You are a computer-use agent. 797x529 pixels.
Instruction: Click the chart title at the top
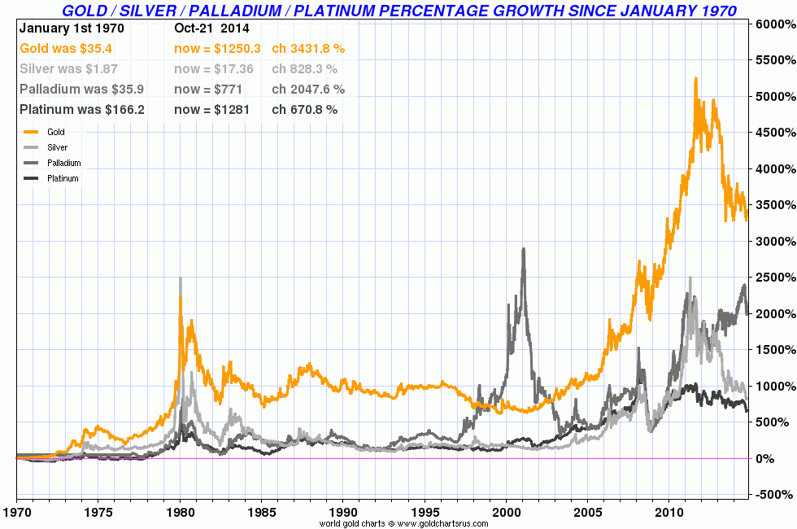399,11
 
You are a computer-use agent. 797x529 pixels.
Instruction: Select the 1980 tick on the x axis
179,514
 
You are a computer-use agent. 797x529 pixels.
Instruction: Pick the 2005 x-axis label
586,514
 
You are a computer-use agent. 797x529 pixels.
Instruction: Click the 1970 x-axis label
16,514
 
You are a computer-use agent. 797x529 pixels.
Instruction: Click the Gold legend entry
55,132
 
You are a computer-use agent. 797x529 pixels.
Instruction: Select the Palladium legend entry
63,163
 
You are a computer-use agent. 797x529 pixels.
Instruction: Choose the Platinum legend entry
63,178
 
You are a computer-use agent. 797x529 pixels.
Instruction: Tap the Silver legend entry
57,147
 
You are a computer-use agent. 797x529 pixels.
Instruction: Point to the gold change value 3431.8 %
308,49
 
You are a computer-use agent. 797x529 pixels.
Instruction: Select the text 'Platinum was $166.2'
81,110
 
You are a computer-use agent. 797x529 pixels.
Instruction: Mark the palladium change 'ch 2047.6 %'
308,90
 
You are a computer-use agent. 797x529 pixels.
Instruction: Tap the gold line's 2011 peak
695,79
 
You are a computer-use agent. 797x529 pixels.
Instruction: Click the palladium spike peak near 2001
523,249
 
